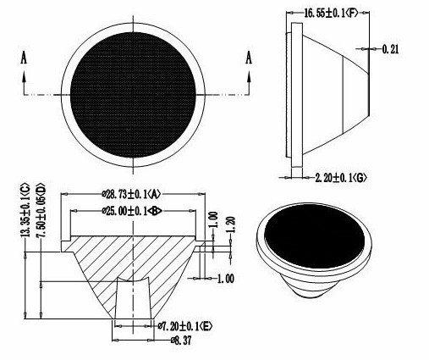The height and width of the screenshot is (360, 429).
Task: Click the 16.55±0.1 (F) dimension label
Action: point(331,13)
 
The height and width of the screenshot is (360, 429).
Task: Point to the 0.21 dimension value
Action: point(391,49)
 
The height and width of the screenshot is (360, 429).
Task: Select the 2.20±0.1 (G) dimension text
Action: point(341,178)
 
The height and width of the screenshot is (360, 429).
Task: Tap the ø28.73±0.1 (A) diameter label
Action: point(131,194)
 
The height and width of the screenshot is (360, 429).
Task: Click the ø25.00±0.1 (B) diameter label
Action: point(132,211)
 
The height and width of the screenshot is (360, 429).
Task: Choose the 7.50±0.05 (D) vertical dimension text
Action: point(41,210)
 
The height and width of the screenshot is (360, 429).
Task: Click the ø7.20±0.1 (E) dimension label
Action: point(185,326)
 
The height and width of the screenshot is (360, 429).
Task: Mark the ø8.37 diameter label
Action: point(180,341)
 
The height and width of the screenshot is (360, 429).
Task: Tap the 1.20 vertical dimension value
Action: point(231,224)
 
